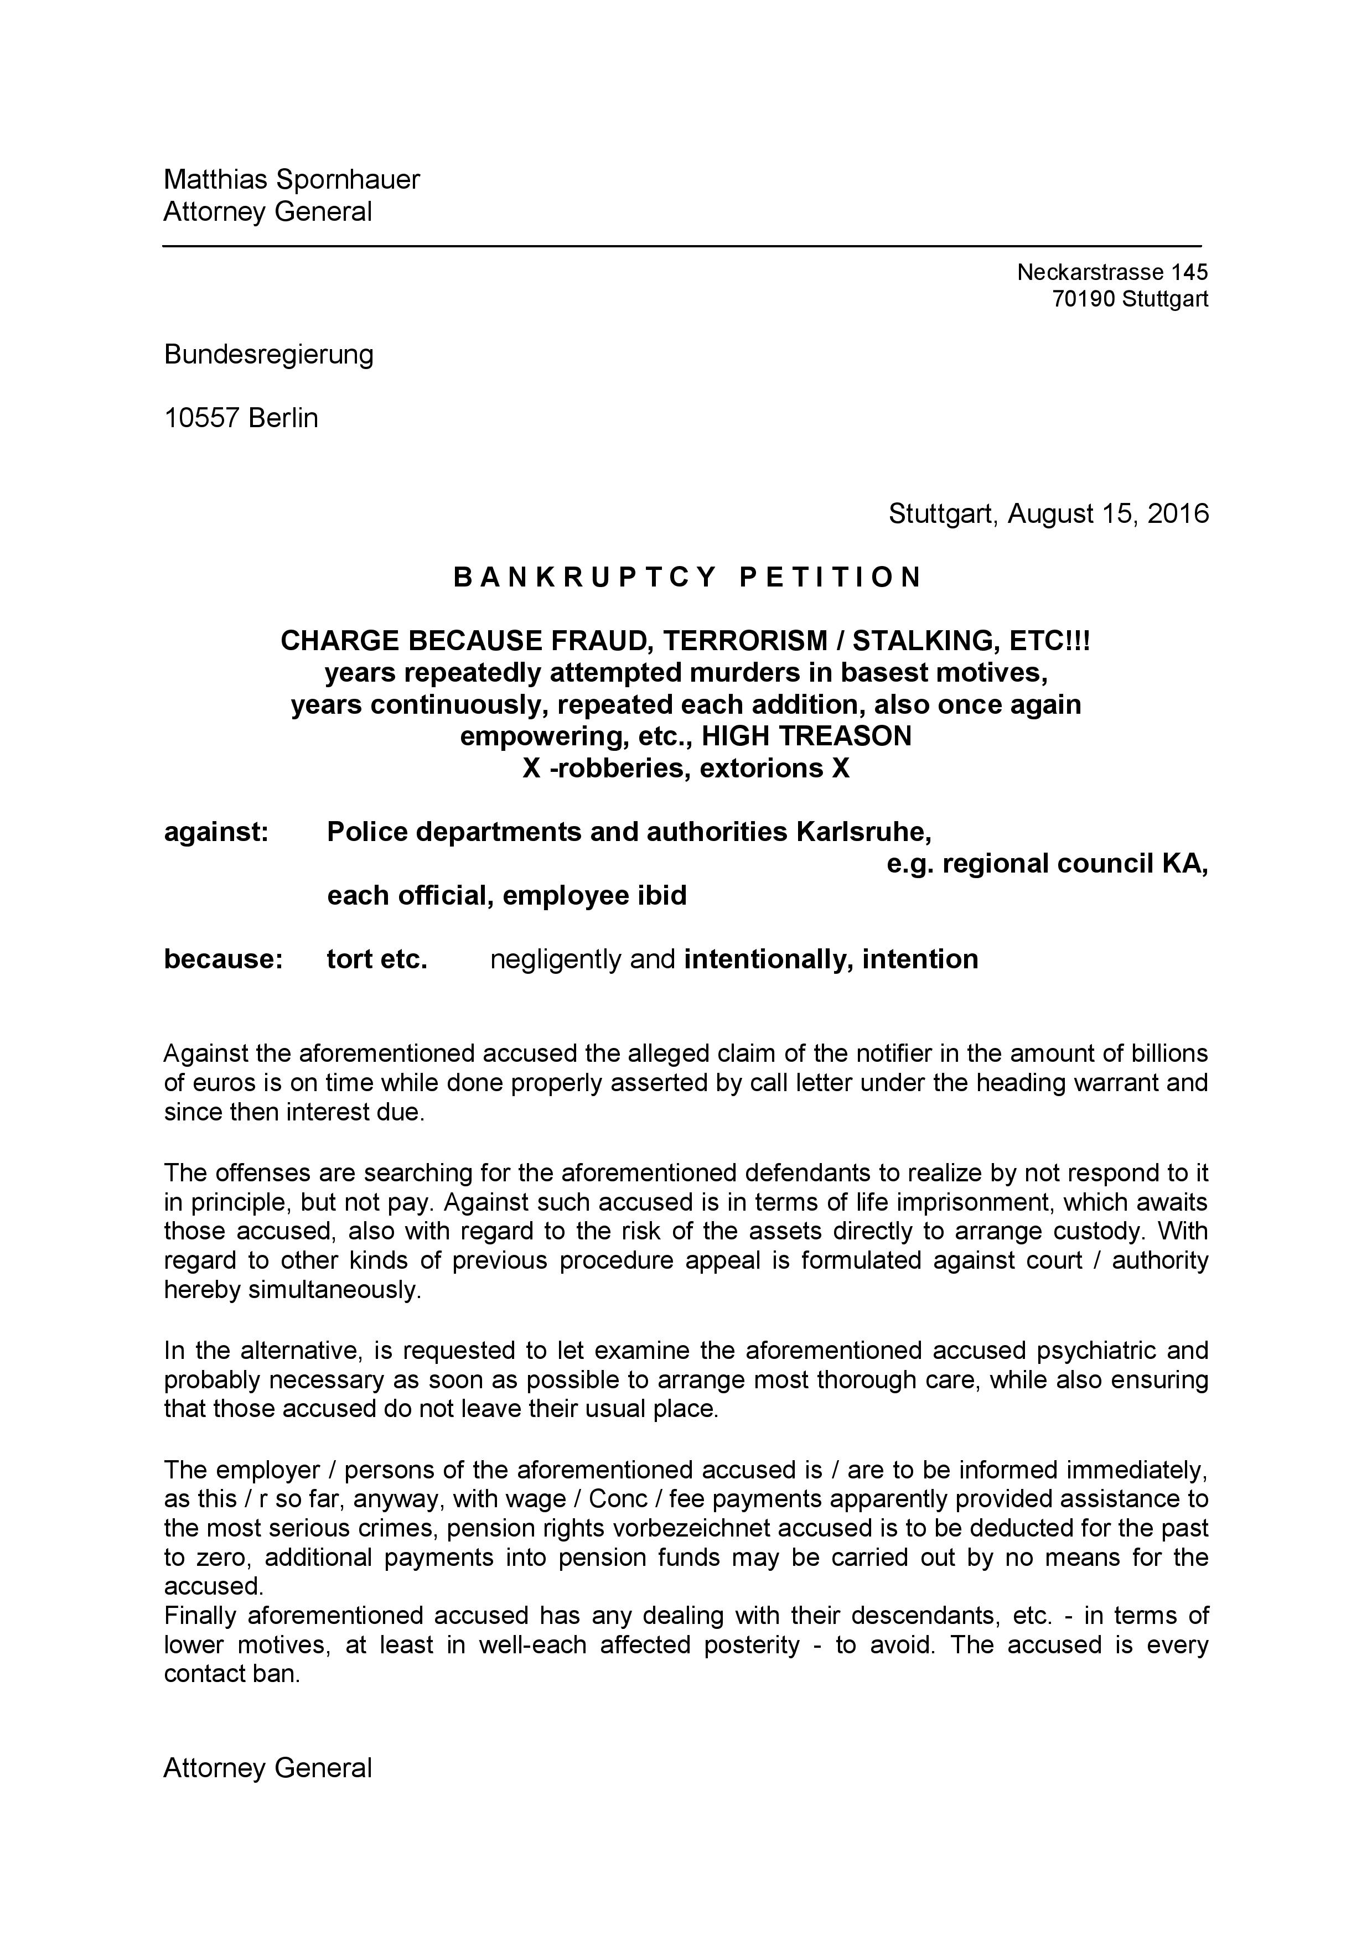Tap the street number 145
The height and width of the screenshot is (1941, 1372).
tap(1189, 272)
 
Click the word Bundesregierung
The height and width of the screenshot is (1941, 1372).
tap(269, 354)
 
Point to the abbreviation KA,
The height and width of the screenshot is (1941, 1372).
tap(1186, 864)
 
